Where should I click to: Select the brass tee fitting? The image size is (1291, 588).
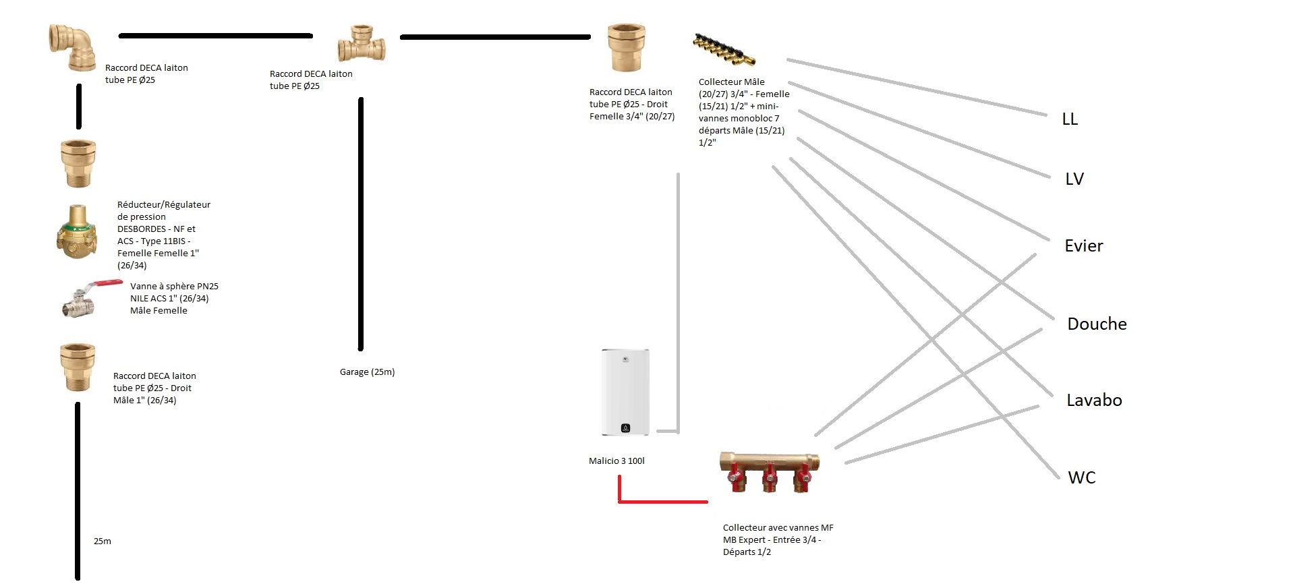[362, 45]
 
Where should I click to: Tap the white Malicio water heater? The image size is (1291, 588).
[625, 392]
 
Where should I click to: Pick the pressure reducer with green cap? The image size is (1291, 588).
[76, 233]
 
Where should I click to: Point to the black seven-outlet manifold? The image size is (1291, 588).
[724, 49]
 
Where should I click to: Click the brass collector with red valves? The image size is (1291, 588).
[769, 470]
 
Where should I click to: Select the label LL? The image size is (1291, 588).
[1070, 119]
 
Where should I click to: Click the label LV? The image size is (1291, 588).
[1074, 179]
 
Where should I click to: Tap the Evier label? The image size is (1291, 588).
[1083, 246]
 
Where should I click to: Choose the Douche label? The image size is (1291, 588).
[1097, 324]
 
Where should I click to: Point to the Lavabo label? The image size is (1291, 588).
[1094, 401]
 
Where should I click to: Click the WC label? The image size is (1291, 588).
[1081, 478]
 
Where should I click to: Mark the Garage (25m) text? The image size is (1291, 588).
[367, 372]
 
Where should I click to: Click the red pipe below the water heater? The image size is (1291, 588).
[661, 502]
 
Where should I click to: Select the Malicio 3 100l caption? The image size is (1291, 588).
[616, 461]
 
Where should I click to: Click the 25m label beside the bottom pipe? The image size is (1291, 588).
[103, 541]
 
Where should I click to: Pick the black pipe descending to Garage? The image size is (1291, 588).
[361, 223]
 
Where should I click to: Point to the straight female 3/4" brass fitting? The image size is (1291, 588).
[627, 47]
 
